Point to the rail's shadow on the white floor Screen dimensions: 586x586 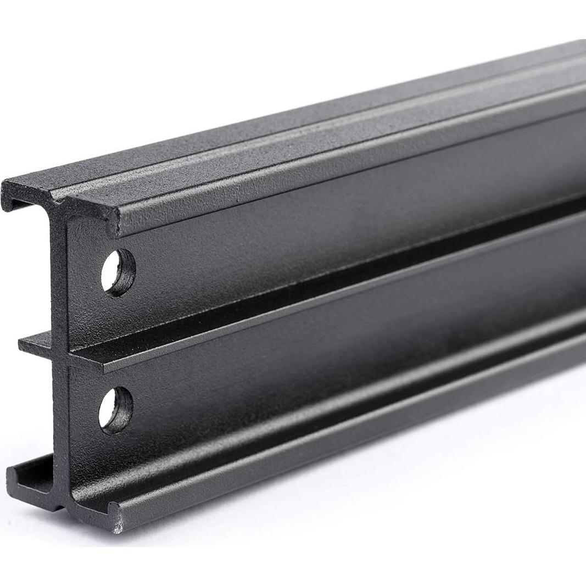coord(384,434)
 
